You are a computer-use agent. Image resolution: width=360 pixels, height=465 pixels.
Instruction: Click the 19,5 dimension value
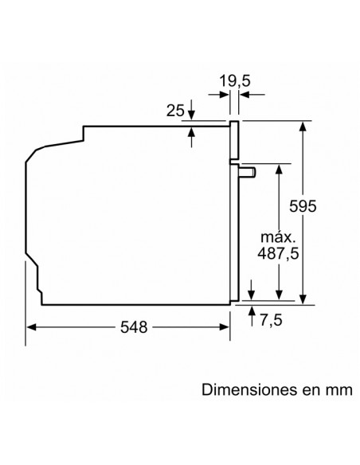point(235,81)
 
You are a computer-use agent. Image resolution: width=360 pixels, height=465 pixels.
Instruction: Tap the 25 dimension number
point(175,111)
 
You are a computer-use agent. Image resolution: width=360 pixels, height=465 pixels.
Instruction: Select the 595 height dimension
point(303,205)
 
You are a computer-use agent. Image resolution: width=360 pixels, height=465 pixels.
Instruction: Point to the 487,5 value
point(278,253)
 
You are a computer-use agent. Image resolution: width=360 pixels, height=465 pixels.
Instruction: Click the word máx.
point(278,237)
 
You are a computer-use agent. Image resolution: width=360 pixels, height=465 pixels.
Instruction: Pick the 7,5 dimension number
point(272,320)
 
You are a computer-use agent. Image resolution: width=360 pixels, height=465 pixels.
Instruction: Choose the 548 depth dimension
point(134,327)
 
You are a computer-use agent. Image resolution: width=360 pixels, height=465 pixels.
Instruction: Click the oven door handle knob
point(248,172)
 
